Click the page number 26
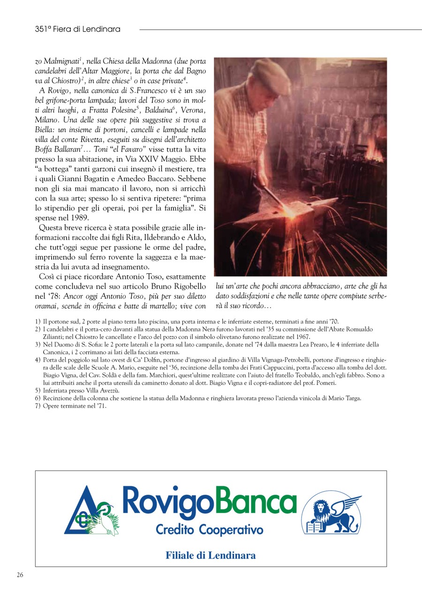point(20,575)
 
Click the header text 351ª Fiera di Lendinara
point(77,29)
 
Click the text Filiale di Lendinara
point(211,555)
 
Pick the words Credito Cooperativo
point(209,530)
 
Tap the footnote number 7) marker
point(38,406)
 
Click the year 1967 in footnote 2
point(301,337)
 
